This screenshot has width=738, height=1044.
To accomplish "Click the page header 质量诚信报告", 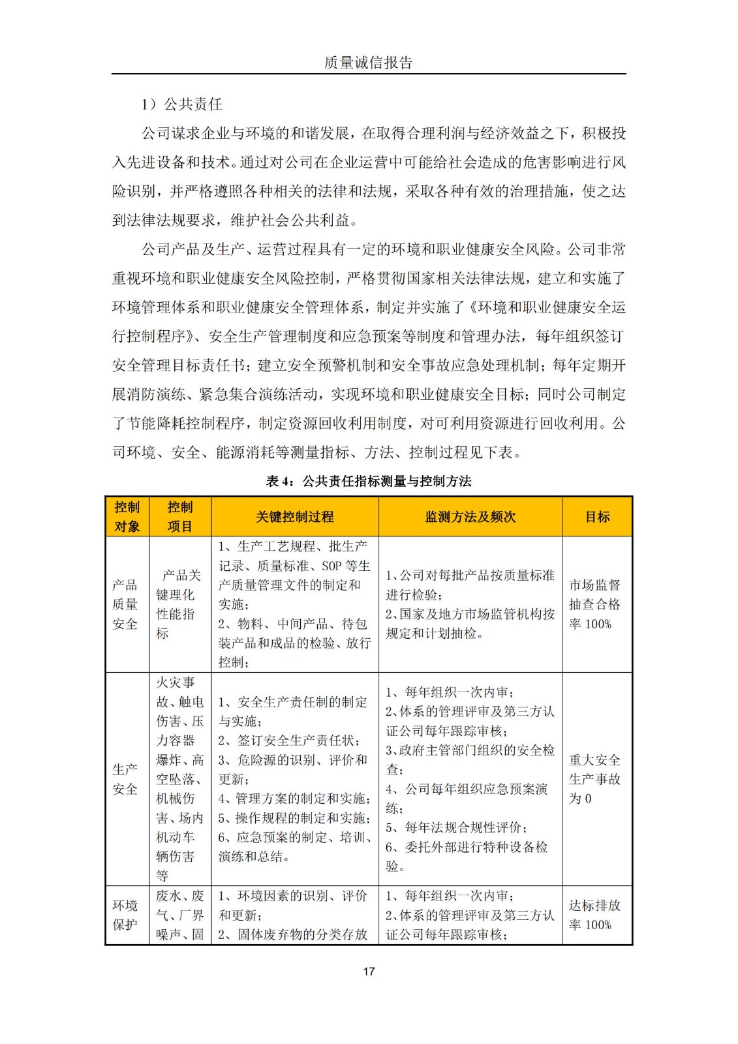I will click(x=368, y=63).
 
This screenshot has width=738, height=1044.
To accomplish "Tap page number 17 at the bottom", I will click(x=369, y=971).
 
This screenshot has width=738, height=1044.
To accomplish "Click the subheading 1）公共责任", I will click(x=182, y=104).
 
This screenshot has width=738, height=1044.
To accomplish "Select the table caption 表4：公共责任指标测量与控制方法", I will click(x=368, y=482).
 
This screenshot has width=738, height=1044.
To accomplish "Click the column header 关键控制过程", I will click(x=294, y=517).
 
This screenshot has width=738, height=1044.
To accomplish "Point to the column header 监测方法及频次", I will click(x=470, y=517).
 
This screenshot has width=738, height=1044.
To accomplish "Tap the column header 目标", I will click(x=597, y=517).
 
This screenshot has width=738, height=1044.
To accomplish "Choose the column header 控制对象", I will click(x=127, y=517).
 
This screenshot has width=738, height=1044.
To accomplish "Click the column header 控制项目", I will click(x=179, y=517).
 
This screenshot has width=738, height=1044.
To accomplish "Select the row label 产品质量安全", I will click(x=125, y=604).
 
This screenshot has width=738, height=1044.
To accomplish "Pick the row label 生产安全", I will click(x=125, y=779).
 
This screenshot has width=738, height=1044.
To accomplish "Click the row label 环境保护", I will click(x=125, y=915).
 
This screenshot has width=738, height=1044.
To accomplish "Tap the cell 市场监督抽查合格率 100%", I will click(x=594, y=604).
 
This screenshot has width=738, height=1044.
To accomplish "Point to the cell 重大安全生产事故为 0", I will click(x=594, y=779).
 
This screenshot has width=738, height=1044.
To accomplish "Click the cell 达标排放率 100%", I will click(x=594, y=915).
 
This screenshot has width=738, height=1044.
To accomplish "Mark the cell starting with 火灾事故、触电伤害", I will click(x=179, y=779).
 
